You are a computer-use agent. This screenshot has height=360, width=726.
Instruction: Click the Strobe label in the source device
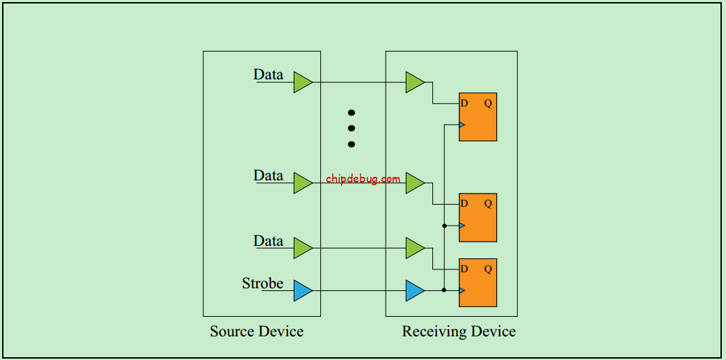[262, 283]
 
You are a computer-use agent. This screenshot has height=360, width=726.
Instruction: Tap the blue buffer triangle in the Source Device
[302, 290]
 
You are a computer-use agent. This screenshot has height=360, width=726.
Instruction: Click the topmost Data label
[268, 75]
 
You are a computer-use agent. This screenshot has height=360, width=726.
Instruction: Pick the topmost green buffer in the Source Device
[302, 82]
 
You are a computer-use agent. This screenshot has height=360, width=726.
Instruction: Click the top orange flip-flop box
[478, 117]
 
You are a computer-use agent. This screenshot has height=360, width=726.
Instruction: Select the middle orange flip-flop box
[478, 217]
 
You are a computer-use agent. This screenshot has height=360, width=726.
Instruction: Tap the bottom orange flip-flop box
[478, 282]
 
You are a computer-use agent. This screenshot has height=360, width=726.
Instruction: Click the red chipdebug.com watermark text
[363, 179]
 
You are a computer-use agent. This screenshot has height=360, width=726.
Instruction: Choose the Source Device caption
[256, 331]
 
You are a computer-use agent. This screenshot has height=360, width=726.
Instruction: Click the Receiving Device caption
[459, 331]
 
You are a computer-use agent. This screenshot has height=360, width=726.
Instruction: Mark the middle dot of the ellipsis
[352, 128]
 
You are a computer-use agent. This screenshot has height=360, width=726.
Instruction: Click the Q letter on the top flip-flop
[488, 103]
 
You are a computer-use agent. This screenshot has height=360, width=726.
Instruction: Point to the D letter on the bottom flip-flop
[464, 269]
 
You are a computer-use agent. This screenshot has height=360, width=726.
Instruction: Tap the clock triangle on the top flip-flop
[462, 125]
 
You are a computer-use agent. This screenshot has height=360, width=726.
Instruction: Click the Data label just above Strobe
[268, 241]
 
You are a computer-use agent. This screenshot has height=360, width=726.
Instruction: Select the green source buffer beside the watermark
[302, 182]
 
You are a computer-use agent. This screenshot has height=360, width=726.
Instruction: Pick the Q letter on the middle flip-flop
[488, 203]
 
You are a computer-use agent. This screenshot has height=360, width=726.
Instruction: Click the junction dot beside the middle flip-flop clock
[444, 226]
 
